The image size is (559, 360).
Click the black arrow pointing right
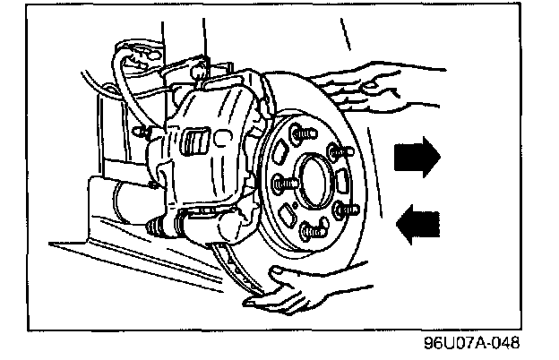tap(417, 157)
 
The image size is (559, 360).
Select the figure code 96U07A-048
tap(472, 344)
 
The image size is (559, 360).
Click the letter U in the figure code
tap(451, 344)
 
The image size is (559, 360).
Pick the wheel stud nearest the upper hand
tap(335, 152)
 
